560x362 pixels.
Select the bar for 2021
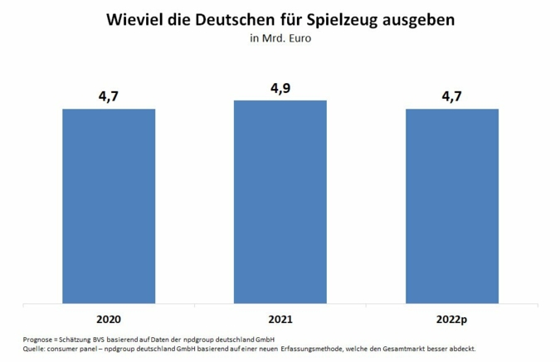[280, 202]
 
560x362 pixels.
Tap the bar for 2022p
[451, 206]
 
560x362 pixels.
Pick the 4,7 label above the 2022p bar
[451, 97]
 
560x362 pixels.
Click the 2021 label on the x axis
[280, 317]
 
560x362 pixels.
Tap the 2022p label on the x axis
[451, 317]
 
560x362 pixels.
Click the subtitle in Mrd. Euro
[280, 37]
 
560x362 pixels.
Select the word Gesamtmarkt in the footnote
[414, 349]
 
